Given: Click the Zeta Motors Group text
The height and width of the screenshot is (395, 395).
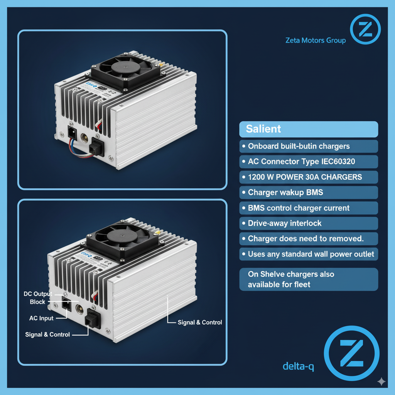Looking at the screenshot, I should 315,40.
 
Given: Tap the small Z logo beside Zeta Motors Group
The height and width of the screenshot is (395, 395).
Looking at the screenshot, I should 365,29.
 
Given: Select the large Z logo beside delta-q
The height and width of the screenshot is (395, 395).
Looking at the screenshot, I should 351,353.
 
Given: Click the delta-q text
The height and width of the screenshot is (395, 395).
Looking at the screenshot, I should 298,366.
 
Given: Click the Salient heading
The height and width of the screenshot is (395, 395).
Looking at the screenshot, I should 263,129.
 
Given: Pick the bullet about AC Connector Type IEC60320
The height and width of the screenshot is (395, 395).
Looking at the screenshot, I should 302,162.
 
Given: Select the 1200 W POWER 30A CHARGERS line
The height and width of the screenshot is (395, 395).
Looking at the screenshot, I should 305,177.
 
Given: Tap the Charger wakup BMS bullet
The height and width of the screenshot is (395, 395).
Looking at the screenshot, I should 285,192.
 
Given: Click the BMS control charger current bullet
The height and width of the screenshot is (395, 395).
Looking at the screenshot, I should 299,208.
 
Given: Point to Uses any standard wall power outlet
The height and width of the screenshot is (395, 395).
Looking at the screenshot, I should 311,254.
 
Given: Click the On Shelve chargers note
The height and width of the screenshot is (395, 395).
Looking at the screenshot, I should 291,279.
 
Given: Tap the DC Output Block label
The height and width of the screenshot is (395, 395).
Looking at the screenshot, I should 38,298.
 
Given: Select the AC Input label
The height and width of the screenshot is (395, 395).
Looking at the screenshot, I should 41,318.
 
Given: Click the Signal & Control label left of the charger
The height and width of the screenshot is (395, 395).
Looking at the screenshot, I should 47,334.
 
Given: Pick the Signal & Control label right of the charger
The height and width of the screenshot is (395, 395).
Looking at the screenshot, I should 200,322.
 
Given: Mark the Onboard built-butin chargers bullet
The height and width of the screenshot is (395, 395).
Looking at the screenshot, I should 299,146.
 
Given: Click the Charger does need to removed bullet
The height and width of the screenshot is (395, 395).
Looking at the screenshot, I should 306,239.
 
